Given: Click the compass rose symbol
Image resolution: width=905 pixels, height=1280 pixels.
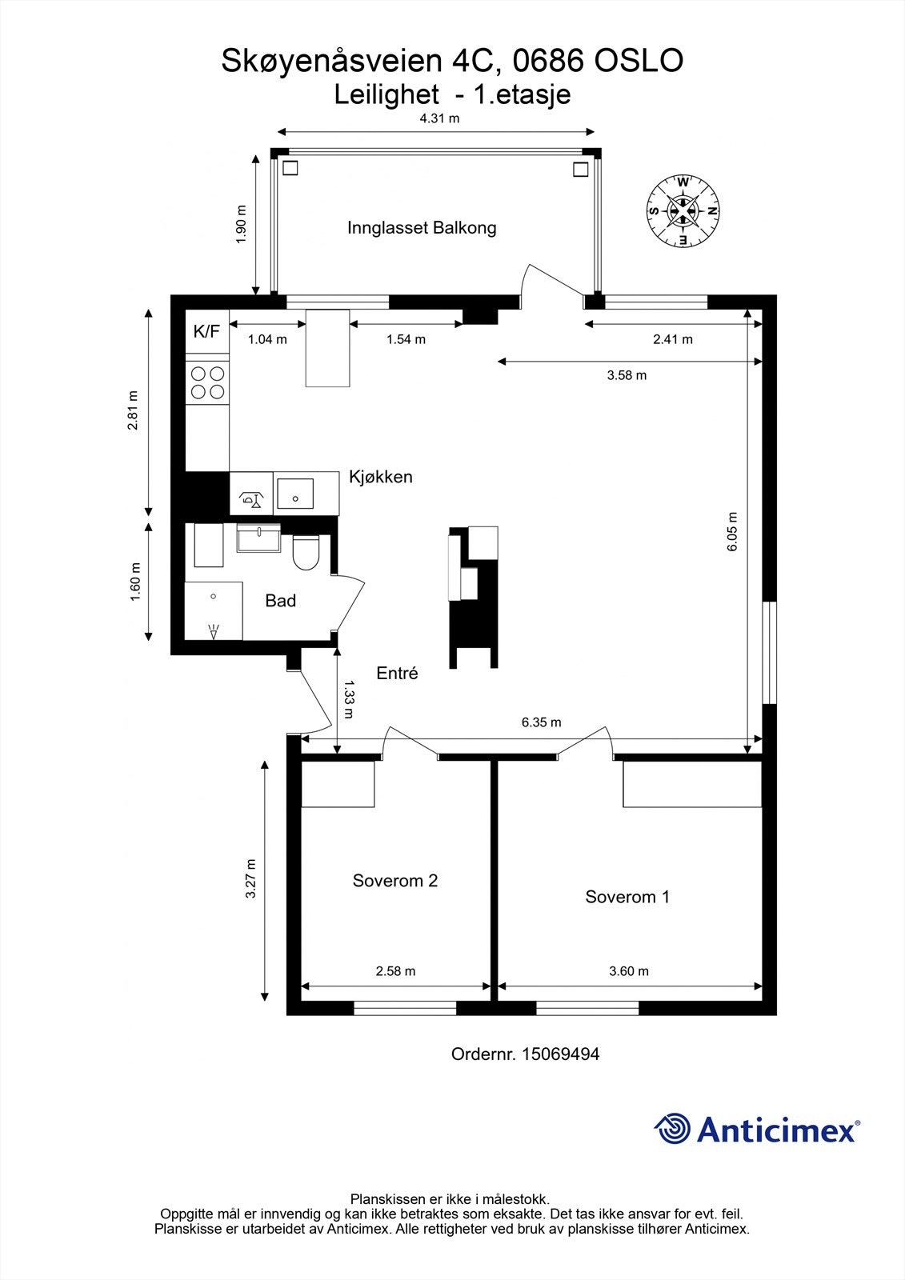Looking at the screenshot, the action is pyautogui.click(x=683, y=211).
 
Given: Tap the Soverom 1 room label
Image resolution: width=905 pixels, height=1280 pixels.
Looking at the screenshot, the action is pyautogui.click(x=627, y=897).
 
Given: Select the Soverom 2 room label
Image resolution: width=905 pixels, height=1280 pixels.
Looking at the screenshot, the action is pyautogui.click(x=395, y=881).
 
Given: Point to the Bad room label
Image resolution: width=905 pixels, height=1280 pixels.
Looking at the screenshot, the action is pyautogui.click(x=280, y=601).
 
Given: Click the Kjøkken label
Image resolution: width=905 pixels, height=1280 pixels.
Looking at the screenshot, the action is pyautogui.click(x=381, y=477).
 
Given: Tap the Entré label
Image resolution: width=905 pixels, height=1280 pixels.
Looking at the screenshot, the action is pyautogui.click(x=397, y=673).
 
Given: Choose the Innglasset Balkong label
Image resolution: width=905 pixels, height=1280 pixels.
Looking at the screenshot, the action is pyautogui.click(x=422, y=228).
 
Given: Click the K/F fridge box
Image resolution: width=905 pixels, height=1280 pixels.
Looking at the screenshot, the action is pyautogui.click(x=207, y=331).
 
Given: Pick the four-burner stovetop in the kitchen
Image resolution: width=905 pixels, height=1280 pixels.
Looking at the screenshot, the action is pyautogui.click(x=207, y=383).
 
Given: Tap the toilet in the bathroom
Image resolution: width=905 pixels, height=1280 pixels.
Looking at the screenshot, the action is pyautogui.click(x=306, y=552).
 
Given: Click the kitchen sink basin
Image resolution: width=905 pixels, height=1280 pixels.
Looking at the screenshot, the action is pyautogui.click(x=295, y=494).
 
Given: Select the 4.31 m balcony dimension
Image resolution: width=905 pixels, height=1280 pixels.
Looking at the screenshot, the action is pyautogui.click(x=439, y=119).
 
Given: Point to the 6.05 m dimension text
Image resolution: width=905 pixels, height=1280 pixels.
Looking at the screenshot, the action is pyautogui.click(x=732, y=531).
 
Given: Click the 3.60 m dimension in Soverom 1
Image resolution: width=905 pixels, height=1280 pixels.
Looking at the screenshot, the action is pyautogui.click(x=629, y=971).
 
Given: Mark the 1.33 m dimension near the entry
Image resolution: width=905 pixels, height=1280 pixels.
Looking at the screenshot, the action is pyautogui.click(x=350, y=699).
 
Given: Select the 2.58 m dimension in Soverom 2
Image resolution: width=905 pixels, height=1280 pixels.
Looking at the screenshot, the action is pyautogui.click(x=395, y=971).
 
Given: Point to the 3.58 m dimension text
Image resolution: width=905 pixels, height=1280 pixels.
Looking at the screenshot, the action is pyautogui.click(x=627, y=375).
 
